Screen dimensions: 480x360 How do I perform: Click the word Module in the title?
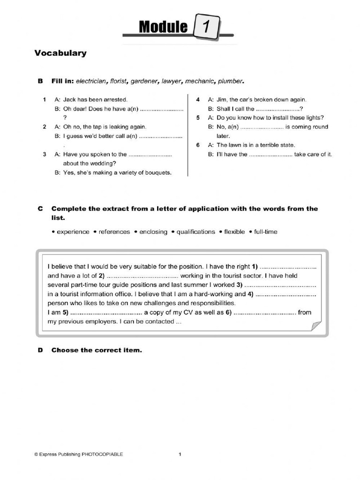click(x=163, y=28)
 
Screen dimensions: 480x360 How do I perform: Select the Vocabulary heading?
click(x=60, y=53)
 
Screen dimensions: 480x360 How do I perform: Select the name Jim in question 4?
click(x=221, y=99)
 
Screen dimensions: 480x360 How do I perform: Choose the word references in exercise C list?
click(x=114, y=232)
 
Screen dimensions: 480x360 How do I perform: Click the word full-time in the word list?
click(x=266, y=232)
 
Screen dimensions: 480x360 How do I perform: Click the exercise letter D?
click(x=40, y=350)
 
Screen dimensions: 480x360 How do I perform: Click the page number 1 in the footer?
click(x=180, y=454)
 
